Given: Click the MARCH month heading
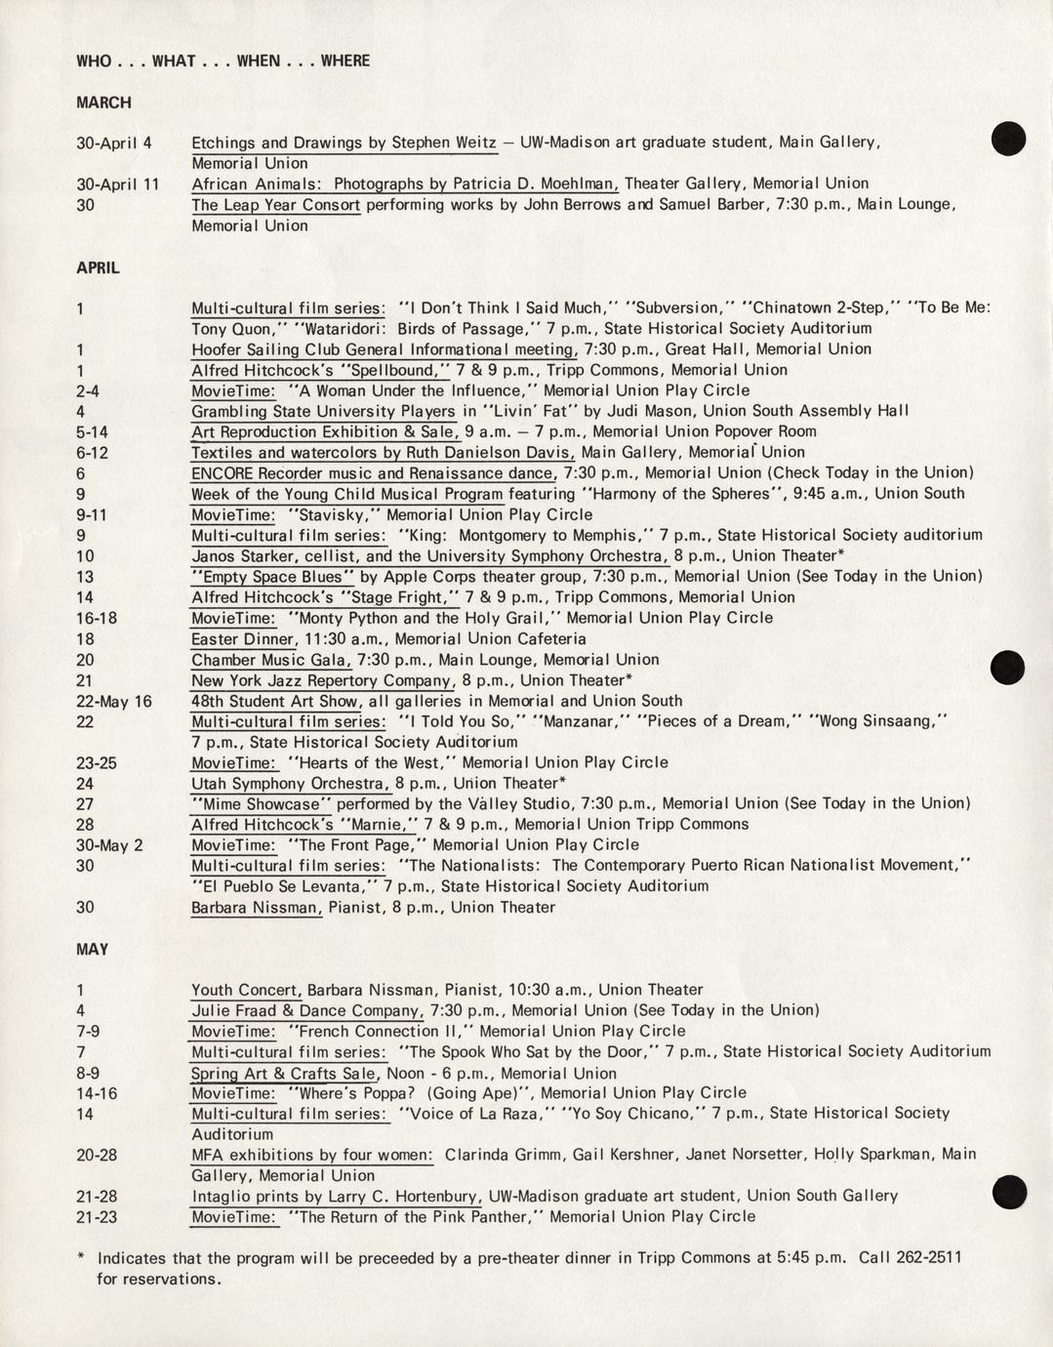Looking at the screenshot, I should coord(103,102).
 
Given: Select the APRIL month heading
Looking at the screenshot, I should coord(98,267).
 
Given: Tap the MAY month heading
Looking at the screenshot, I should coord(92,949).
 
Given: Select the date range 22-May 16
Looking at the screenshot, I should coord(114,701).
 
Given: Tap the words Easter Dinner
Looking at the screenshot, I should coord(243,639).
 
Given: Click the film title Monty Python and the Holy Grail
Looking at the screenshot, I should coord(420,618).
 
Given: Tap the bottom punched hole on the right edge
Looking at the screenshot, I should coord(1008,1192).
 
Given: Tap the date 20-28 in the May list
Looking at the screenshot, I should coord(97,1155).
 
